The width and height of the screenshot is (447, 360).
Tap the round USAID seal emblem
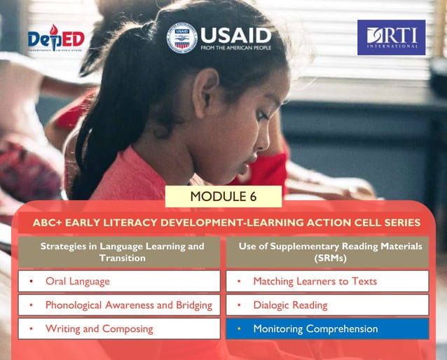tap(181, 38)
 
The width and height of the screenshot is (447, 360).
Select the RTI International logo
tap(391, 37)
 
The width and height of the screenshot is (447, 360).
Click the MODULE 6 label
tap(224, 196)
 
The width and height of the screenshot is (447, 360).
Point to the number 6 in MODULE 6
tap(252, 196)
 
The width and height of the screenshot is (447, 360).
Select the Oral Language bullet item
tap(77, 282)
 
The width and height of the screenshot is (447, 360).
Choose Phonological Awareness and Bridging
tap(128, 305)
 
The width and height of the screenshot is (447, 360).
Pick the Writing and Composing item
tap(99, 328)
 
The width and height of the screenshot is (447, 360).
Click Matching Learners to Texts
tap(315, 282)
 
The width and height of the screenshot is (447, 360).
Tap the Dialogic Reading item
tap(290, 305)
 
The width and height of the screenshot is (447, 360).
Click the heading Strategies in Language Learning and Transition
tap(122, 251)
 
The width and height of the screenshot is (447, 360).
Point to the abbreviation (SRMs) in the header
tap(326, 258)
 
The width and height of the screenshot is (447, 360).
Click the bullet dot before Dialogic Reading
tap(239, 305)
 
